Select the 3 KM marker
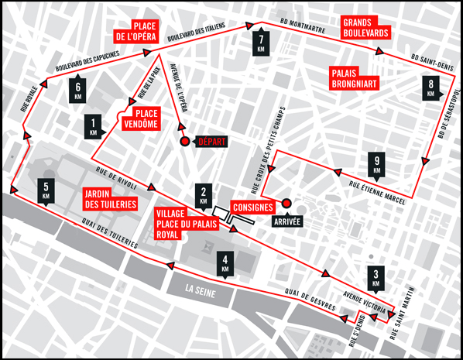(x=376, y=277)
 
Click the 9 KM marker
(x=377, y=166)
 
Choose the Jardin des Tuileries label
(x=111, y=199)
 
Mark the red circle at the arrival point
(x=286, y=203)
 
